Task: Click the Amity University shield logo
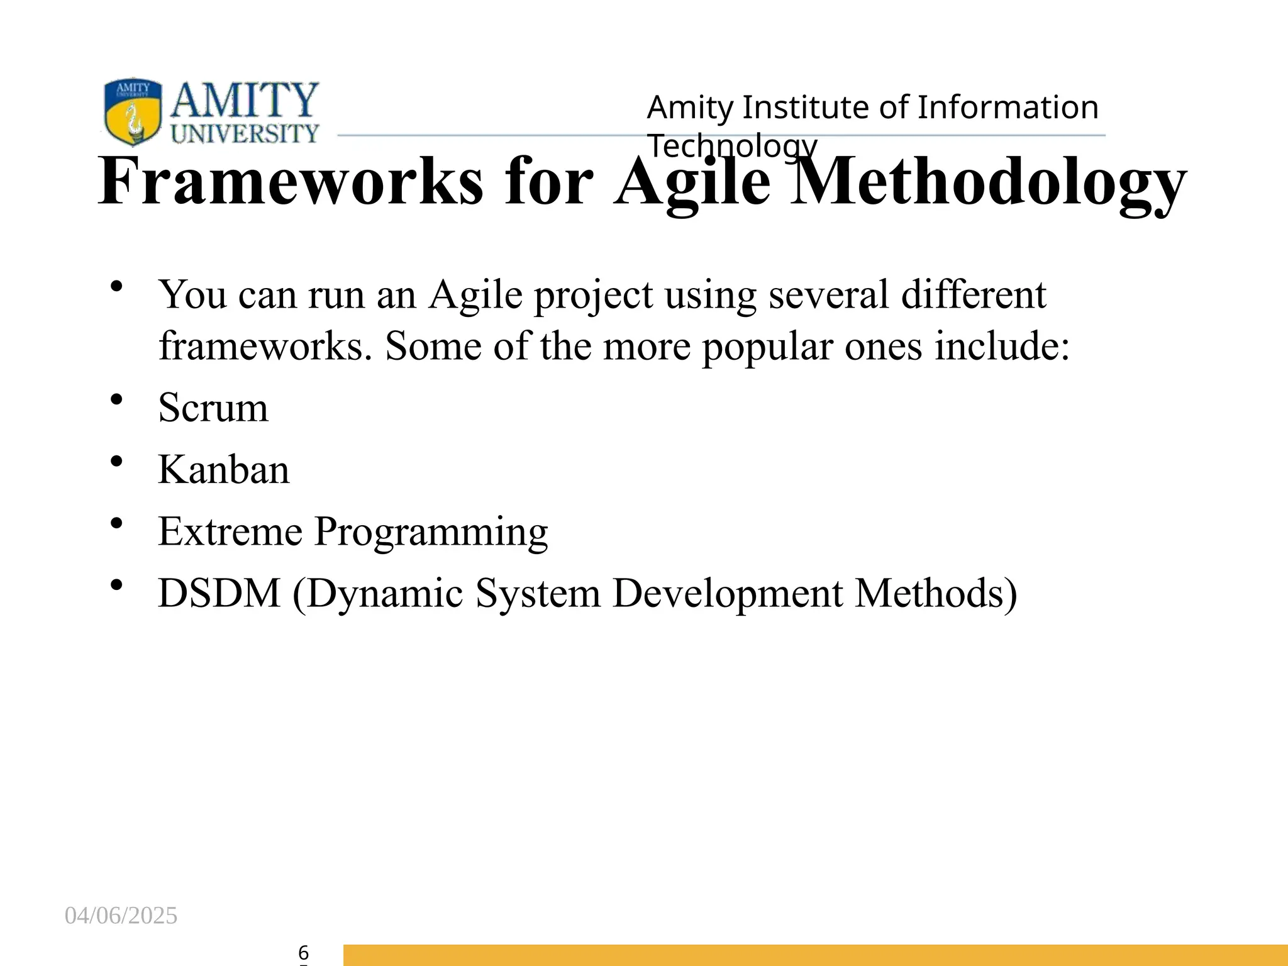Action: pos(133,111)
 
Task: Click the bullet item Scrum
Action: pos(213,408)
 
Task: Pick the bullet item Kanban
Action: pos(223,470)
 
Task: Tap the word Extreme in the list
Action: pos(230,531)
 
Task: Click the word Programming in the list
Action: pos(431,533)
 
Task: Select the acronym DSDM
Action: pos(219,593)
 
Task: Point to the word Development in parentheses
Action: pos(728,594)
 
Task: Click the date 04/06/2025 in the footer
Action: pos(121,916)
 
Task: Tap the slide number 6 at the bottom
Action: pos(303,952)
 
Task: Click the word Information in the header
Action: pos(1008,108)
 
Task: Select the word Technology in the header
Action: pos(732,146)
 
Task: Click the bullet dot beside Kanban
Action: pos(116,462)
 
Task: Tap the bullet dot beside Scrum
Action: pos(116,399)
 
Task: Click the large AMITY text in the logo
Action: pos(245,100)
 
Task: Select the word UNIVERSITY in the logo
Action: pos(245,133)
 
